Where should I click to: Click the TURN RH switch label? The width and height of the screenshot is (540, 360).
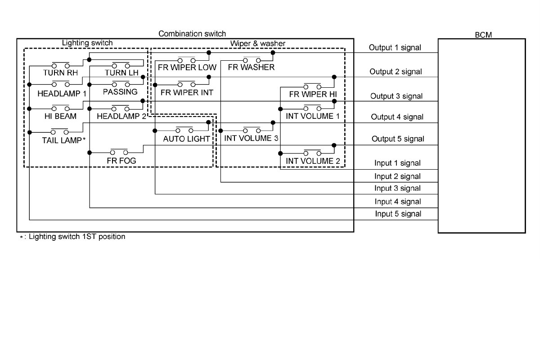[x=60, y=72]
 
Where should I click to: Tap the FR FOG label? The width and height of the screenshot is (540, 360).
[x=121, y=160]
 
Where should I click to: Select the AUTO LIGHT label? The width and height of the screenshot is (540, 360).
[x=186, y=139]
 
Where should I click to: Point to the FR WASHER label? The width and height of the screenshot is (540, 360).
[x=251, y=67]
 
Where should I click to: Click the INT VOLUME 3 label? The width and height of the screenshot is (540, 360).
[x=251, y=138]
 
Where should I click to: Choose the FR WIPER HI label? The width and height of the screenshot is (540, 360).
[x=313, y=94]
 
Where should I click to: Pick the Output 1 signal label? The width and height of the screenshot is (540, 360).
[x=395, y=47]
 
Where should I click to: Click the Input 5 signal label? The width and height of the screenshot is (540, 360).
[x=398, y=214]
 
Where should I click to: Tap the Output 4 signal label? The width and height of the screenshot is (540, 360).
[x=397, y=117]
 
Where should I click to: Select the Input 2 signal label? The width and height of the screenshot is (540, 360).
[x=397, y=176]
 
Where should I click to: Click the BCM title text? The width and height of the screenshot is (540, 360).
[x=483, y=35]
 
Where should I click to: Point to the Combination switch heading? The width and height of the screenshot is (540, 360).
[x=192, y=34]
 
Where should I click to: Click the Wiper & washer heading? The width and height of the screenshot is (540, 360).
[x=258, y=43]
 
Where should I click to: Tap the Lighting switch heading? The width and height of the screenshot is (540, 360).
[x=87, y=43]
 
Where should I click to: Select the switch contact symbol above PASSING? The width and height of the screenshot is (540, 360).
[x=120, y=84]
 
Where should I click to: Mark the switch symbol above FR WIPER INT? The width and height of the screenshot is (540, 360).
[x=186, y=83]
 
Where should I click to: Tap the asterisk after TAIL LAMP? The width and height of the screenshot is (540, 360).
[x=84, y=139]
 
